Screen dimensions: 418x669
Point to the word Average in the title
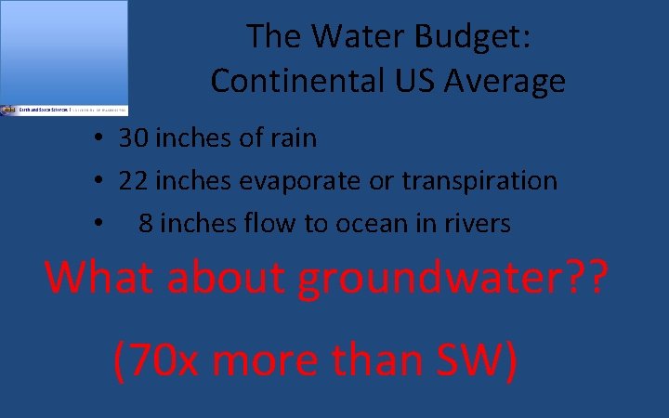coord(505,81)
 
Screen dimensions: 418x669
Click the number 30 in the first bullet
coord(134,138)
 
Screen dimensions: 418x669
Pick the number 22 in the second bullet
coord(134,180)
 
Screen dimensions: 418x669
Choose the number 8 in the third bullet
coord(146,223)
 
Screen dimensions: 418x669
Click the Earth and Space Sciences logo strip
coord(64,110)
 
